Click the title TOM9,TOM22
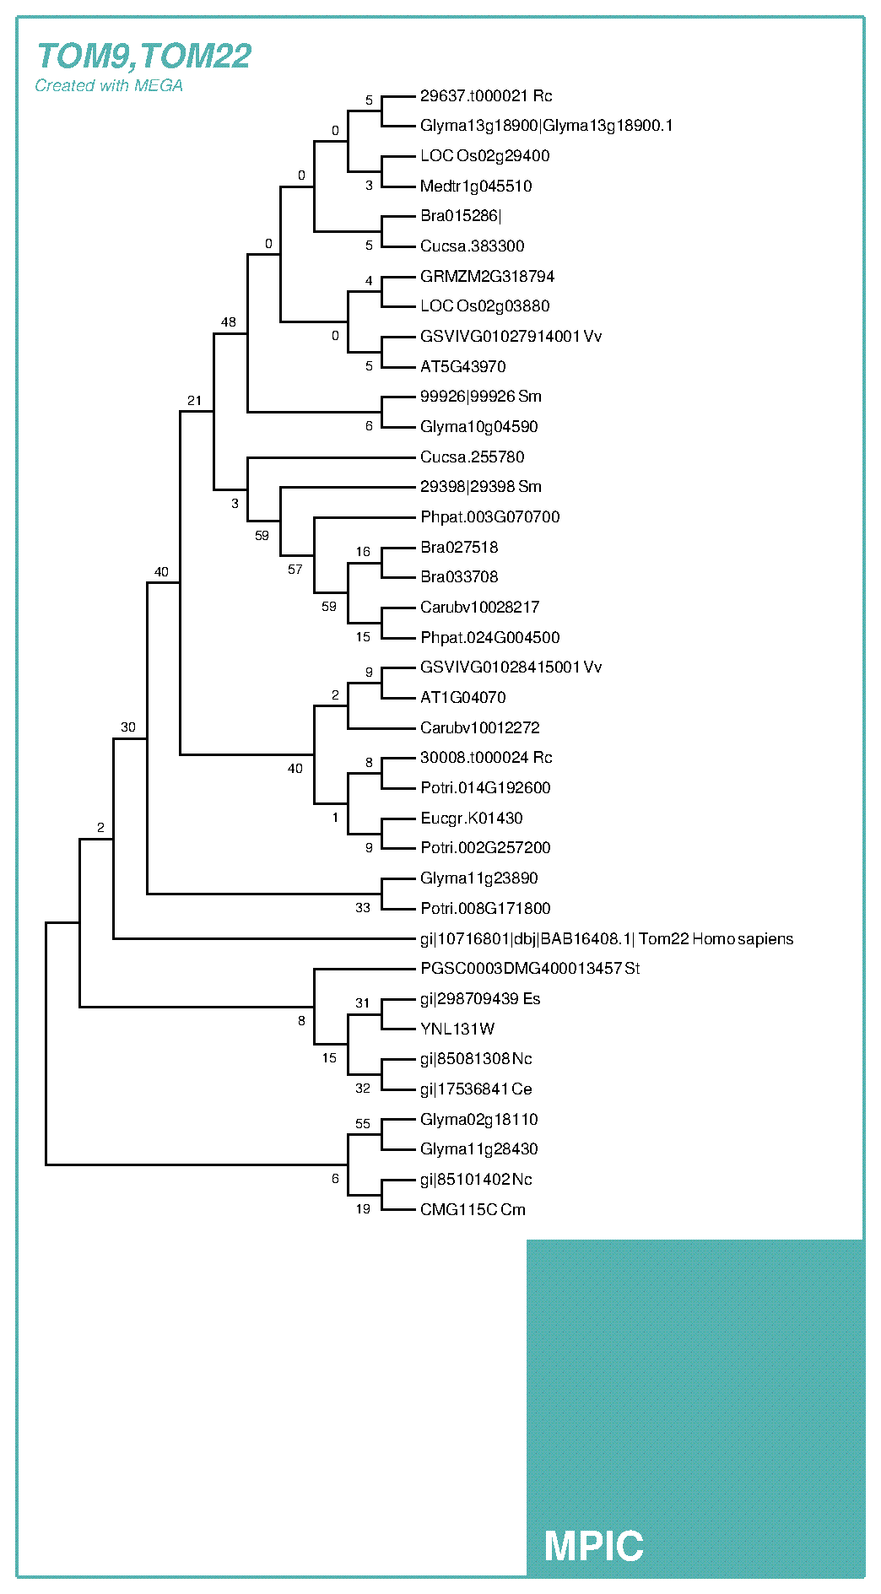[143, 57]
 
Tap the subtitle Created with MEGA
[109, 86]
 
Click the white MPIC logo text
[593, 1546]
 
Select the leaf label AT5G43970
[463, 367]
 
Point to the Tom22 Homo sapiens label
[607, 939]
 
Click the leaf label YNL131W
[457, 1029]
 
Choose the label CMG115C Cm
[473, 1210]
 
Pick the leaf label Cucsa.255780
[472, 457]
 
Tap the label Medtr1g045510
[476, 186]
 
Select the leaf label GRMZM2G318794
[487, 277]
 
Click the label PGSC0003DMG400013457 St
[530, 969]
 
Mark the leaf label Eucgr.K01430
[471, 819]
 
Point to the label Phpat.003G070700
[489, 517]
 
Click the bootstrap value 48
[229, 322]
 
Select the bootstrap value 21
[195, 401]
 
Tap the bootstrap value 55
[363, 1124]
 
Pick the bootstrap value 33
[363, 908]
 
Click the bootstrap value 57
[295, 570]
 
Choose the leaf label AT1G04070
[463, 698]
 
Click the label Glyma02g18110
[478, 1120]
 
